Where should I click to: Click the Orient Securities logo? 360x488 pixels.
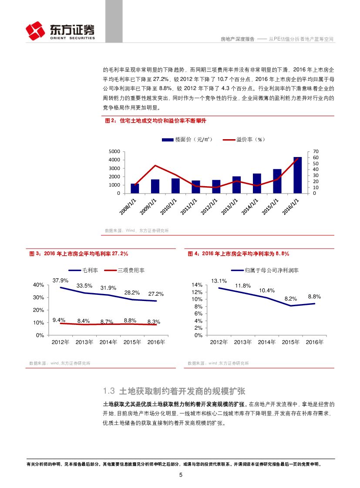60,31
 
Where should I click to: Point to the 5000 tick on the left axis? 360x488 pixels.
114,151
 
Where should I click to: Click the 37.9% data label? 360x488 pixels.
61,280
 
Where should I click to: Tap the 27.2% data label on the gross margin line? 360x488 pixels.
155,294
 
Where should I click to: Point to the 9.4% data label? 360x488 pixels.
59,320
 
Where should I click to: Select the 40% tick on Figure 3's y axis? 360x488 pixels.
38,285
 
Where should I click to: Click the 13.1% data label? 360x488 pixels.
219,281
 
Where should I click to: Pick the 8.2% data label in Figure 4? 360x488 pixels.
290,299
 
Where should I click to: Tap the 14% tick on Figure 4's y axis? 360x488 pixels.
197,285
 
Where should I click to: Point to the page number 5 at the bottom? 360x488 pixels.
181,475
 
